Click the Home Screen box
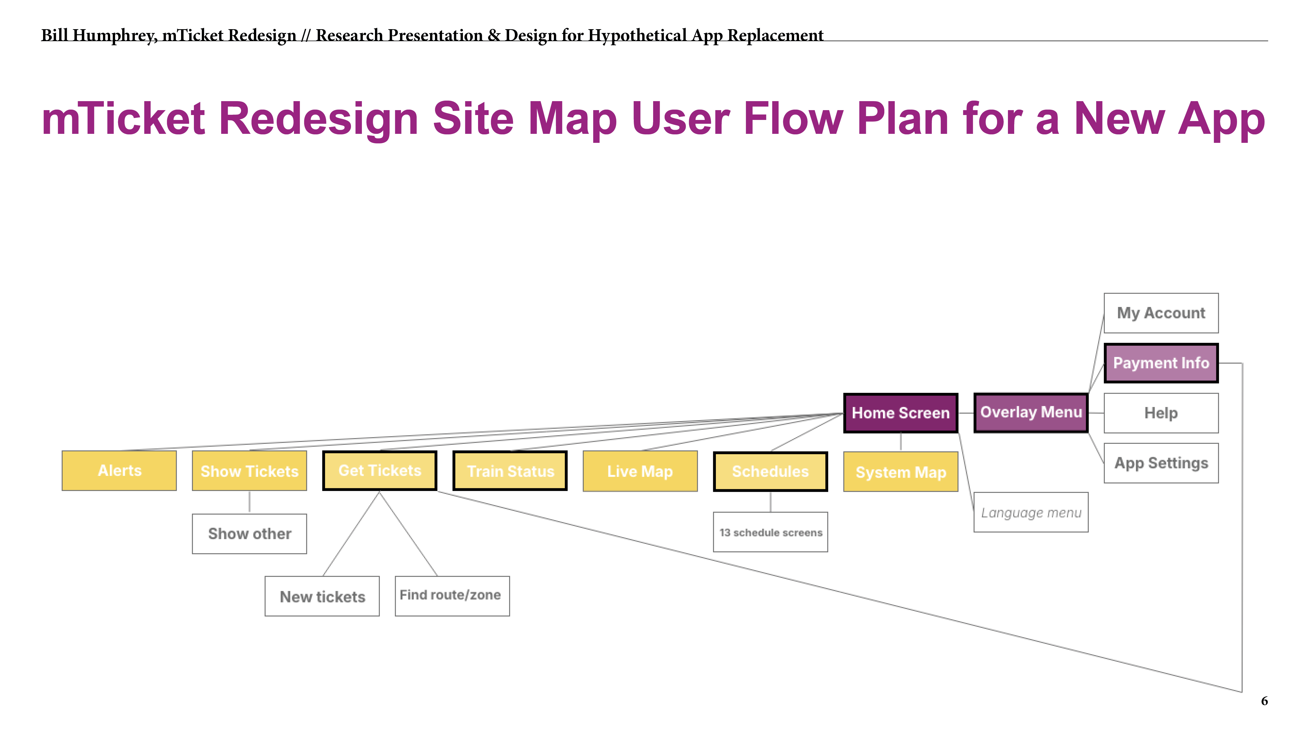(x=900, y=413)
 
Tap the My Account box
(x=1161, y=313)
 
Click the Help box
(x=1161, y=413)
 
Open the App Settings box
(x=1161, y=463)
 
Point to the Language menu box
(x=1031, y=512)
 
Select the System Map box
(x=900, y=472)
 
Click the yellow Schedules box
(x=770, y=471)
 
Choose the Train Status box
(x=510, y=471)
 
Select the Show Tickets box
(x=250, y=471)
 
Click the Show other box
(x=250, y=534)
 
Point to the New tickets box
(x=322, y=596)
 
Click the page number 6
(x=1264, y=701)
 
